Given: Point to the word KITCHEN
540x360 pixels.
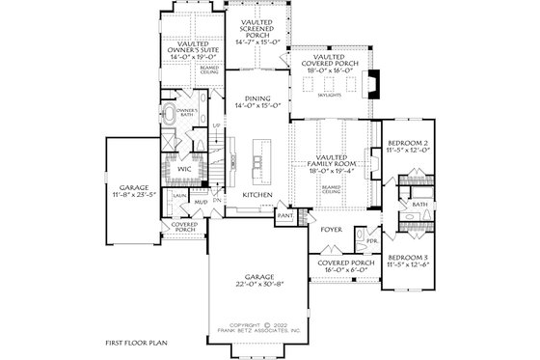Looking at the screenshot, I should (256, 195).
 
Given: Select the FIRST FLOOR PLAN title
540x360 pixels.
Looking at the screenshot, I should (137, 343).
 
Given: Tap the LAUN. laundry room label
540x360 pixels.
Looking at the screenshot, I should (179, 195).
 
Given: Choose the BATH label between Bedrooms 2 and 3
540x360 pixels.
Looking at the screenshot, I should (419, 205).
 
